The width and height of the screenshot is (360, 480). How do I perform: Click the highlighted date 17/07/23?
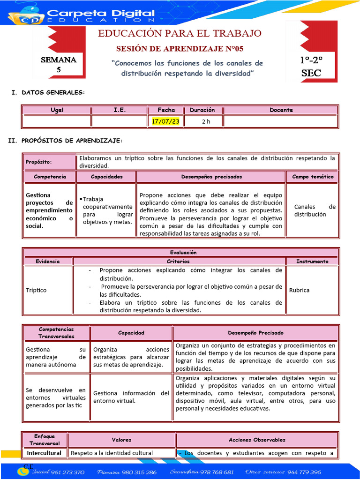point(166,121)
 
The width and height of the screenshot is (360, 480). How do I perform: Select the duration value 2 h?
point(206,121)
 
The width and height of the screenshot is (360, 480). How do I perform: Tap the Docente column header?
point(281,110)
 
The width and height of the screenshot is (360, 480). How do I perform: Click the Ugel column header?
point(57,110)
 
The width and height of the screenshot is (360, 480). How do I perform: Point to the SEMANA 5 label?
point(59,65)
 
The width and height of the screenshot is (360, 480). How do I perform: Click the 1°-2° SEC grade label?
point(311,67)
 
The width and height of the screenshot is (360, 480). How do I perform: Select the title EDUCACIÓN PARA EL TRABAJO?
point(180,33)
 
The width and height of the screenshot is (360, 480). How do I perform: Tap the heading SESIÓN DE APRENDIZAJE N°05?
point(180,49)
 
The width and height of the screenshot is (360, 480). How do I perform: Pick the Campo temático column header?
point(313,177)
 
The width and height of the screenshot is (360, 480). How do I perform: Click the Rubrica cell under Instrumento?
point(300,290)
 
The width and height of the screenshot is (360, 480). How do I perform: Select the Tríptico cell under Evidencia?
point(36,290)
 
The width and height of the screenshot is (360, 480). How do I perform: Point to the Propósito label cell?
point(38,162)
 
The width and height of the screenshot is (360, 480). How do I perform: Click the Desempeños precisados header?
point(211,177)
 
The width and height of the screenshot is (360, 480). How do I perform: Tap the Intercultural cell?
point(44,453)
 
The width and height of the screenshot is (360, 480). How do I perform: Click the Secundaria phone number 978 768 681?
point(215,472)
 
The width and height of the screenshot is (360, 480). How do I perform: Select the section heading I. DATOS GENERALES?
point(48,93)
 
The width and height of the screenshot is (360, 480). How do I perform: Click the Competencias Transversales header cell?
point(56,333)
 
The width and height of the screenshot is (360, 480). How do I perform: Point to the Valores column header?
point(121,440)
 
